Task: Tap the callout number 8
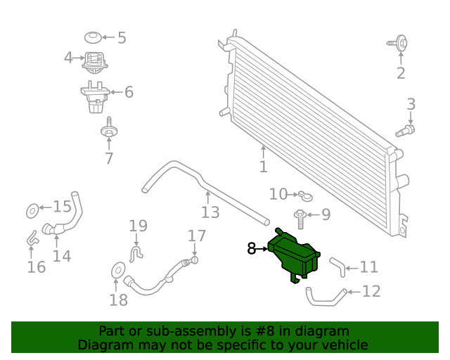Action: pos(252,248)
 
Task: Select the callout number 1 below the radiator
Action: pos(263,167)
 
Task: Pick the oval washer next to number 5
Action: pos(92,37)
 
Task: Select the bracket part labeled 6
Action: pos(94,97)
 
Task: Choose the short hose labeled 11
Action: pos(337,266)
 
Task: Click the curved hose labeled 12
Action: pos(326,297)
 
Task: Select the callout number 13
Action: pos(210,212)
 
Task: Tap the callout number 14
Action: pos(62,255)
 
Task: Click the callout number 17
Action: pos(196,236)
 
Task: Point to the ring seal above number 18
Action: pos(118,269)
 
